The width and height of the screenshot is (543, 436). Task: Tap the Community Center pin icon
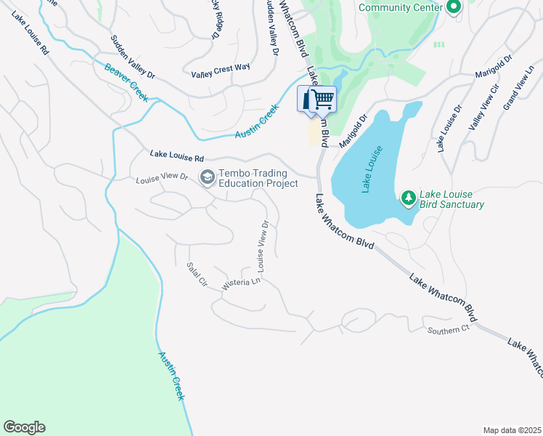(454, 7)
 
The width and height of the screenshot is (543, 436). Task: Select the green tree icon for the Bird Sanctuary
(409, 198)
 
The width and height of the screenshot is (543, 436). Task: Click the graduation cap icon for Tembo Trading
(207, 177)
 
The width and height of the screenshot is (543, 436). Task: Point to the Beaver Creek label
(126, 83)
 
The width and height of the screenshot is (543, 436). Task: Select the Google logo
(24, 427)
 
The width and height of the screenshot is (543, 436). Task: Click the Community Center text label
(401, 7)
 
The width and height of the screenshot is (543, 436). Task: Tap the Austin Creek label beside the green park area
(172, 376)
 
